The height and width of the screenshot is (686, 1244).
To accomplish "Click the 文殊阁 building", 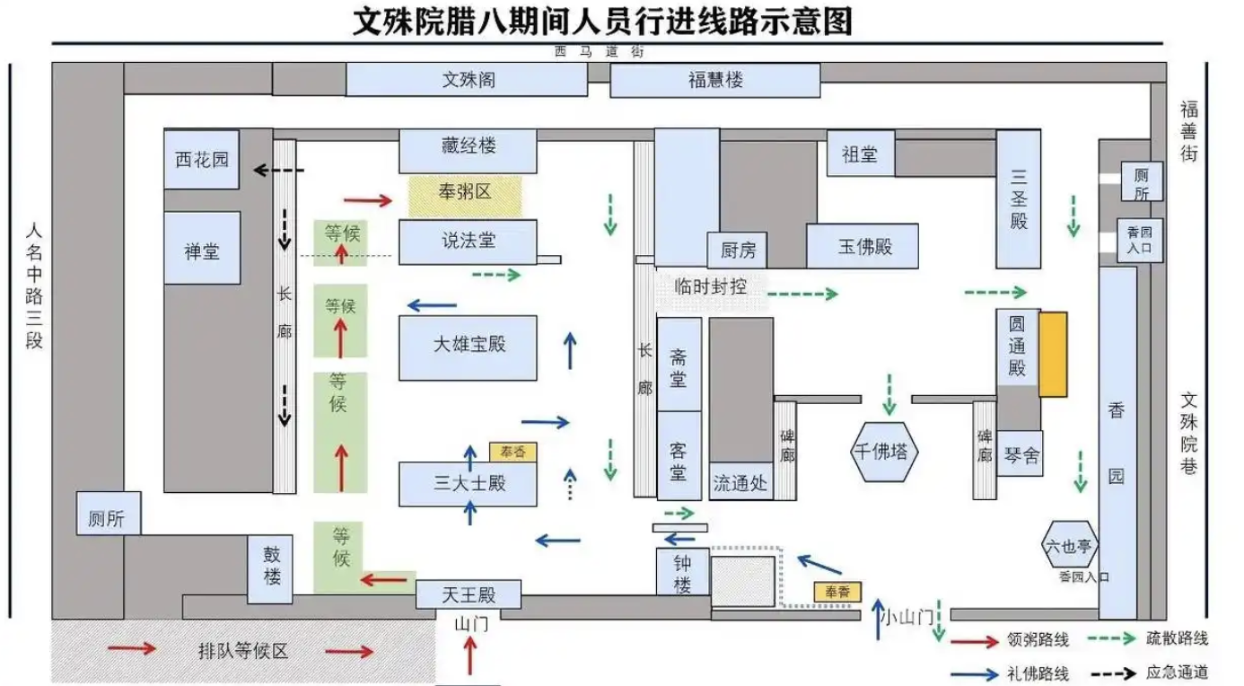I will coord(467,80).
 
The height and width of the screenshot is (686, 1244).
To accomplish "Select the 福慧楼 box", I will coord(714,80).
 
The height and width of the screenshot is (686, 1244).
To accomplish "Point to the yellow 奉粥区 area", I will coord(465,194).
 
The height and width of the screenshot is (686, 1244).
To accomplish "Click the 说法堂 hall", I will coord(468,242).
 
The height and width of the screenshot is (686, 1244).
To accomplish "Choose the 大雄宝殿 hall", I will coord(468,347).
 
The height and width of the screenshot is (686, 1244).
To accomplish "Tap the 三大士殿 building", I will coord(468,484).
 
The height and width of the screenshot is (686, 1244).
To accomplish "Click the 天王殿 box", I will coord(469,594).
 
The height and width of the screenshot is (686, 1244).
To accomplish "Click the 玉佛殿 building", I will coord(863,246).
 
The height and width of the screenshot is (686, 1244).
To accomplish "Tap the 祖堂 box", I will coord(860,154).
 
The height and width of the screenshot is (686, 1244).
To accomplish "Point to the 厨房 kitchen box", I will coord(738,250).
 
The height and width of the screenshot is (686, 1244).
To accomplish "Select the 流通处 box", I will coord(740,483).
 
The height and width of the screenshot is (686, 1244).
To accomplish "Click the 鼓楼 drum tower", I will coord(272,565).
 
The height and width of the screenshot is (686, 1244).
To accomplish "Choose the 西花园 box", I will coord(202,160).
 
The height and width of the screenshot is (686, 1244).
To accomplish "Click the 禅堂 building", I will coord(202,250).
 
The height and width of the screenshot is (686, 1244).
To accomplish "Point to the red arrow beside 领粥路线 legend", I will coord(975,641).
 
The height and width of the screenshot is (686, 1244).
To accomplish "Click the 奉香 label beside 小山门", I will coord(837,593).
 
